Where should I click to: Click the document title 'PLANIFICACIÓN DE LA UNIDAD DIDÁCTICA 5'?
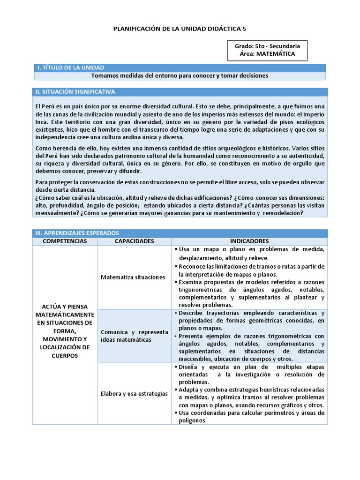[180, 29]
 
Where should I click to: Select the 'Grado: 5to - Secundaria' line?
[267, 46]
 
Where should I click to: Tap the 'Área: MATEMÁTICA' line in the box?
[267, 54]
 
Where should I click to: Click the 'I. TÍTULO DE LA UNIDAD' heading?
[70, 68]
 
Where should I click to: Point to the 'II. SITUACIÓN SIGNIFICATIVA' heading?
[75, 91]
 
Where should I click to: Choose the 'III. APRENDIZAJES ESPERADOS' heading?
[77, 233]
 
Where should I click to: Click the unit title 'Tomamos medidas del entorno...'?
[180, 75]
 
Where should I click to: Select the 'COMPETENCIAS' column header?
[65, 241]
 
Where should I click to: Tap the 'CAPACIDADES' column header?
[134, 241]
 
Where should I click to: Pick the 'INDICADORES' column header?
[249, 241]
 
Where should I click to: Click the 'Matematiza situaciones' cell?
[133, 277]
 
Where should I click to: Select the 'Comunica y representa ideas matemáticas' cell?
[134, 336]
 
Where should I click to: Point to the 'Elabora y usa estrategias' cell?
[134, 394]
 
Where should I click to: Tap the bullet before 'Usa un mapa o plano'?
[175, 249]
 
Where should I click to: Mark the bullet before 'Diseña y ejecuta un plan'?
[175, 367]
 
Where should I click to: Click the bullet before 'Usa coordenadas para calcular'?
[175, 412]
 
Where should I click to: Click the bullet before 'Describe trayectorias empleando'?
[175, 312]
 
